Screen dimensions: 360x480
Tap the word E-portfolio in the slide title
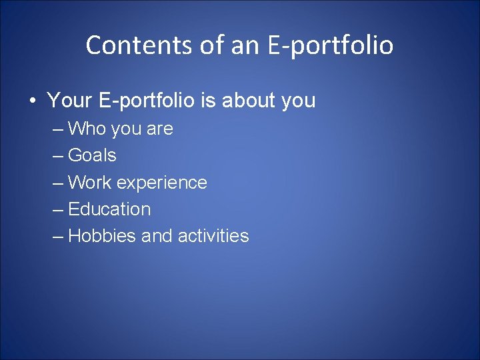[x=331, y=45]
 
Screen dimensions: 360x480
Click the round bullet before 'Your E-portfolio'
[x=31, y=101]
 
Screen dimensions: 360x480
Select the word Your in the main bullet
[x=69, y=101]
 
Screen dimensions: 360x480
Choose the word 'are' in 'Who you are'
[x=159, y=129]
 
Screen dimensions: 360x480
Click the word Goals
[x=92, y=155]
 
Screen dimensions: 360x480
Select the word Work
[x=90, y=182]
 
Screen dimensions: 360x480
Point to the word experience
[x=162, y=183]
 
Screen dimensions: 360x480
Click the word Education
[x=109, y=209]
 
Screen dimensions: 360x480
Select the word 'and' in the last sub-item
[x=155, y=235]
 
